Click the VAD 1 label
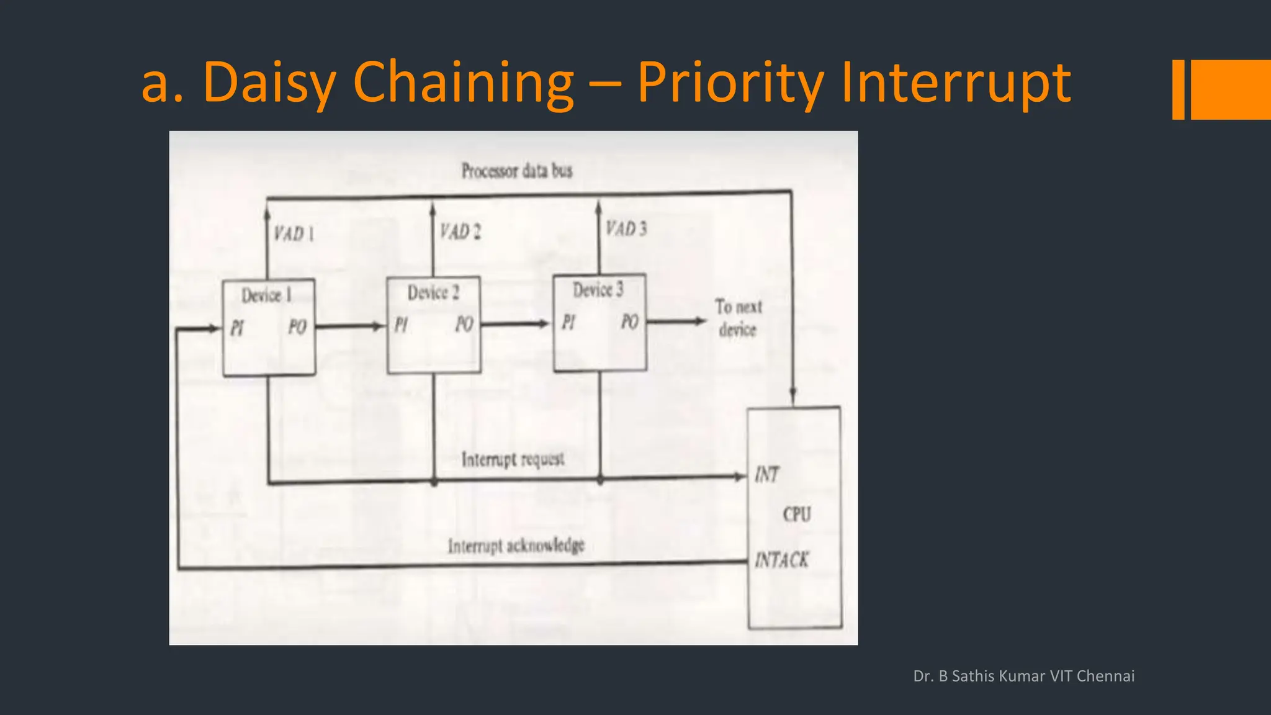coord(294,234)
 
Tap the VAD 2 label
coord(460,232)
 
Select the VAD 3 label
coord(626,229)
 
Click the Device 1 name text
coord(266,295)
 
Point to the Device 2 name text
coord(433,292)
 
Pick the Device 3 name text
coord(598,290)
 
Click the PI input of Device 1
coord(237,328)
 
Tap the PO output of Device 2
coord(464,324)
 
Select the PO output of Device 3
coord(630,322)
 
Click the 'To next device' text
coord(738,318)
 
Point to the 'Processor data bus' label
coord(516,171)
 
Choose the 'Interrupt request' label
coord(513,459)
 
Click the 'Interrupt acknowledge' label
coord(516,546)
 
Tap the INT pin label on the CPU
coord(767,475)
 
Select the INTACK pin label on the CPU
coord(781,560)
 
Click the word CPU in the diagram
coord(797,515)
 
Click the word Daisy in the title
coord(269,83)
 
